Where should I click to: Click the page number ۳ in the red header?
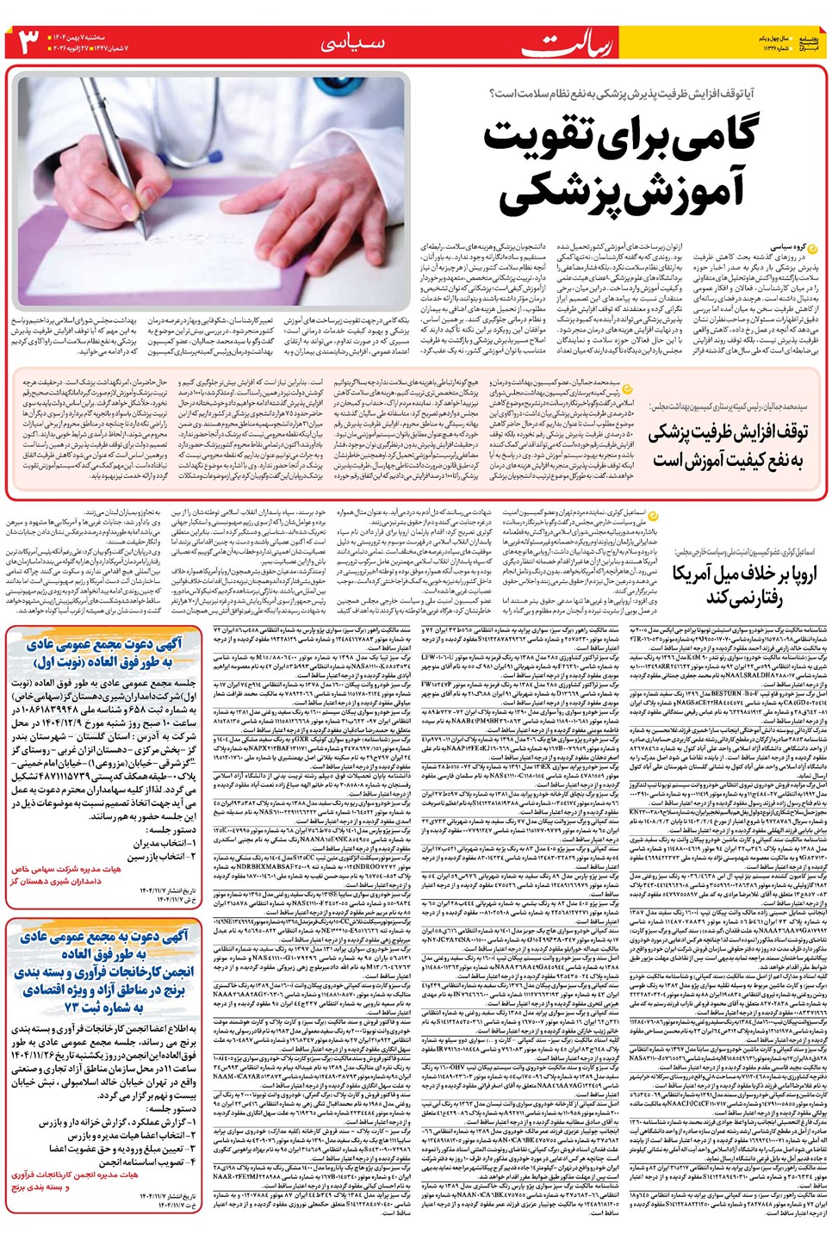pos(31,41)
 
